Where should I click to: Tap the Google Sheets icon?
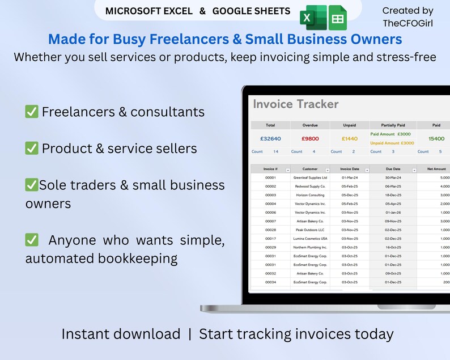click(337, 19)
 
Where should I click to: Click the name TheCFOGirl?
click(407, 23)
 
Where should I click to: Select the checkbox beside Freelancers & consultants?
click(32, 112)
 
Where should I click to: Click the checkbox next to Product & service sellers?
click(32, 149)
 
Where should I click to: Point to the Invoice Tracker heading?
click(295, 104)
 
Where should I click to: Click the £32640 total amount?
click(270, 138)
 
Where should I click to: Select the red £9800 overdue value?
click(310, 138)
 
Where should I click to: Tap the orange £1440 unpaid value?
click(350, 138)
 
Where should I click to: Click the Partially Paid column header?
click(393, 125)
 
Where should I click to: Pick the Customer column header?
click(310, 169)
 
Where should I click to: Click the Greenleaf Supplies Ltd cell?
click(310, 177)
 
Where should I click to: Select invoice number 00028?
click(270, 230)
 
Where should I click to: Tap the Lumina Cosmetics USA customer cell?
click(310, 239)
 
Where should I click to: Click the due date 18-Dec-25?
click(393, 195)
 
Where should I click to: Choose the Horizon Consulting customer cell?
click(310, 195)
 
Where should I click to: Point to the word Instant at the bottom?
click(91, 334)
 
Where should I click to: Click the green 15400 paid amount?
click(436, 138)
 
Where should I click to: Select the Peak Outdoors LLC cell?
click(310, 230)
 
